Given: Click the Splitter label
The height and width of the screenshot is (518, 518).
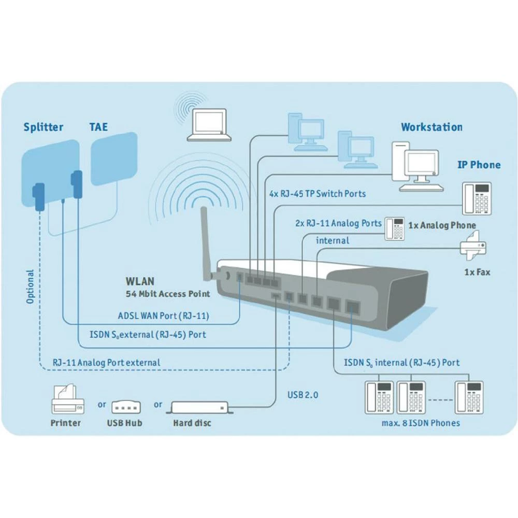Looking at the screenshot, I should [44, 127].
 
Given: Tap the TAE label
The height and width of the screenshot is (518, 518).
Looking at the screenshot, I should [98, 126].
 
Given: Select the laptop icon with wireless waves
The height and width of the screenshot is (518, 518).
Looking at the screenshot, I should [209, 125].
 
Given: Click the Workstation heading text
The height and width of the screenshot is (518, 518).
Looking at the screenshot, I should [431, 127].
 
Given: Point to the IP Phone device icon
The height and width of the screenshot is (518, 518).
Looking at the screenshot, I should [476, 198].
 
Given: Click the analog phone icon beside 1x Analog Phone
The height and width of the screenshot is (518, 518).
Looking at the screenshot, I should [394, 229].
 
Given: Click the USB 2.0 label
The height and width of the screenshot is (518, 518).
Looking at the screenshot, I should [303, 395].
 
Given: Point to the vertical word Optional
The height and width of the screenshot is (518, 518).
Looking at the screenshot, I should [30, 286].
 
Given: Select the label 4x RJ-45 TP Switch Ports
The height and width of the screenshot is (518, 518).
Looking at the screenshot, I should [317, 194].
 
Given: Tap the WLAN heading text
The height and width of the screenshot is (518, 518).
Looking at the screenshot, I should [140, 282].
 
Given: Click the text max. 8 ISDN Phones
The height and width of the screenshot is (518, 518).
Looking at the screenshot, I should [418, 423].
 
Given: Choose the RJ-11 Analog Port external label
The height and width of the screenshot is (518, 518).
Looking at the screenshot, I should [106, 363].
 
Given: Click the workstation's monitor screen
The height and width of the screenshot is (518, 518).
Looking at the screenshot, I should [422, 164].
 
